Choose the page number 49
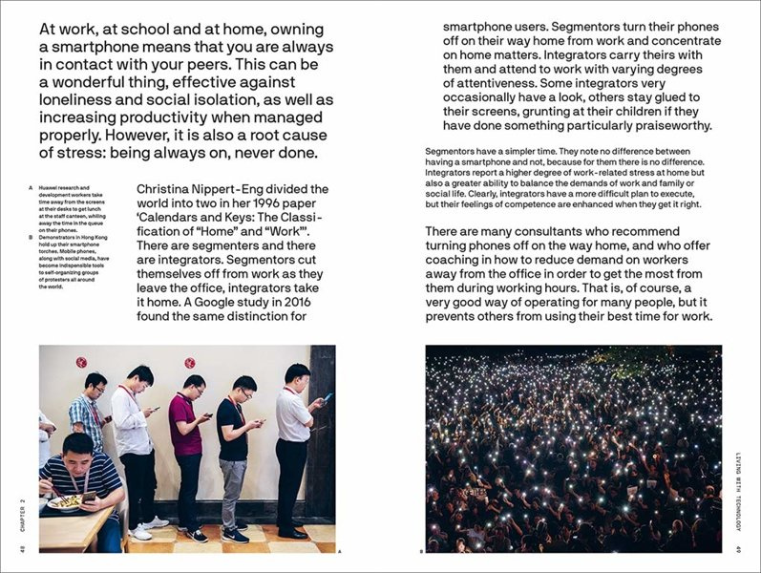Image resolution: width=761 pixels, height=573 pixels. click(739, 548)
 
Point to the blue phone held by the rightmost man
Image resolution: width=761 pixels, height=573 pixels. click(328, 397)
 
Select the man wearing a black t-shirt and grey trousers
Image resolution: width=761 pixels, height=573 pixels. click(233, 449)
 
